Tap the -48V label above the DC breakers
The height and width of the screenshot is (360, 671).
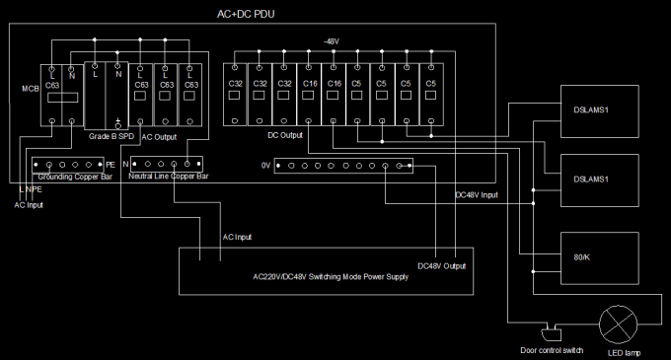(x=332, y=41)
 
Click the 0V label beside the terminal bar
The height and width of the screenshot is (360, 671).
(x=265, y=165)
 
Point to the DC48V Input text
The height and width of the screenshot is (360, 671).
(x=477, y=195)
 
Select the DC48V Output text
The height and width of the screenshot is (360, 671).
(x=442, y=265)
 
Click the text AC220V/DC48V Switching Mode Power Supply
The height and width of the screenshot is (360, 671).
(x=331, y=277)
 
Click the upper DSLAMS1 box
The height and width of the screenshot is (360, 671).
(x=597, y=108)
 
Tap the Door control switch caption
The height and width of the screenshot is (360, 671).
(x=549, y=349)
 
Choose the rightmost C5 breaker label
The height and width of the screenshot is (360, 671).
(x=431, y=84)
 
